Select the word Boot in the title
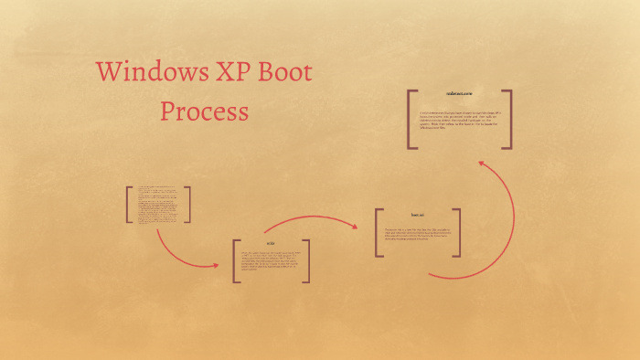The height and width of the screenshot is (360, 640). point(287,73)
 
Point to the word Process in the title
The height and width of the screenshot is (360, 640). point(204,111)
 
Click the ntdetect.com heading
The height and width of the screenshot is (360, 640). point(459,94)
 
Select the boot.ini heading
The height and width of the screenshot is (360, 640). point(417,216)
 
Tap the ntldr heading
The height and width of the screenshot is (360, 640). point(271,244)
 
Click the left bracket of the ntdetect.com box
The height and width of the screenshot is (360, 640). point(411,119)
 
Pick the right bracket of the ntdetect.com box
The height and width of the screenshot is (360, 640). point(507,119)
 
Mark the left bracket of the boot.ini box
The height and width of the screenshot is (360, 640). point(378,233)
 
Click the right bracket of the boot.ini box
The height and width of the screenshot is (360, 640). point(457,233)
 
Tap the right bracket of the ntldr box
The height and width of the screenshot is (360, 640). point(307,261)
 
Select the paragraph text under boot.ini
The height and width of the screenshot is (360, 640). point(417,235)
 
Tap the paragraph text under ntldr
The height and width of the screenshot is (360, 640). point(271,263)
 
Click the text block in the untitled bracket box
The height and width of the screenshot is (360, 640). point(158,205)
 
